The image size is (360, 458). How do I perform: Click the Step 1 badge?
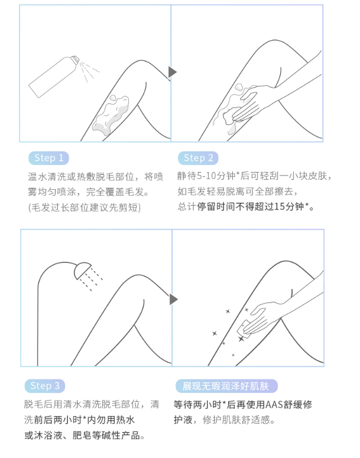coord(48,158)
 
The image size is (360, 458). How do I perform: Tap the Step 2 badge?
coord(198,158)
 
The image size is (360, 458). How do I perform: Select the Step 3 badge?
coord(45,386)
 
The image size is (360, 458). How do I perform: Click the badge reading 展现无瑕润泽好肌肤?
coord(226,386)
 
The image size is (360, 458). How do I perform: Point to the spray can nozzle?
coord(76,59)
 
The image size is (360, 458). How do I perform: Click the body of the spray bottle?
coord(52,77)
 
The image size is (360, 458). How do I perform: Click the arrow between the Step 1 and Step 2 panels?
coord(173,72)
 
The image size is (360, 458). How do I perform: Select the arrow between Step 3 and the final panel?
coord(174,300)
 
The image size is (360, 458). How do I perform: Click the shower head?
coord(82,271)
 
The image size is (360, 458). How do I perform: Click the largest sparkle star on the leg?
coord(241,339)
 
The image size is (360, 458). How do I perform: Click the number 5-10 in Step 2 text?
coord(206,176)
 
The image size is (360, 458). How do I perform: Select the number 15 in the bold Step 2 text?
coord(280,206)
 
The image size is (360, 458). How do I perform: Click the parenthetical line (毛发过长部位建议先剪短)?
coord(85,207)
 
